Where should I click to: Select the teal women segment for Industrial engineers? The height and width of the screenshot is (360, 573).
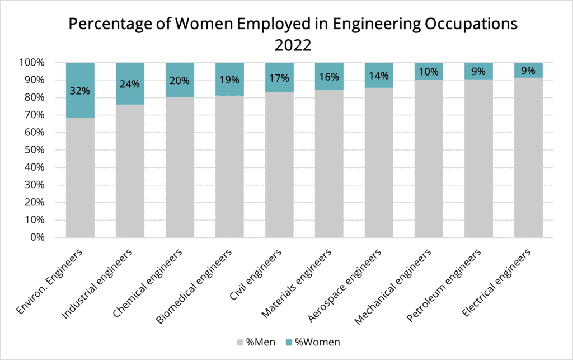click(130, 73)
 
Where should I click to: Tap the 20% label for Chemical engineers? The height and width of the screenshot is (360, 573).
click(180, 80)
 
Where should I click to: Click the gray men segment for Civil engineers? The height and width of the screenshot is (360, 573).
click(279, 168)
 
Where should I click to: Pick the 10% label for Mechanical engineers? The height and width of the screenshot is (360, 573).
click(429, 71)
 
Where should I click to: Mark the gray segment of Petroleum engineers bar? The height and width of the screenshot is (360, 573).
click(478, 162)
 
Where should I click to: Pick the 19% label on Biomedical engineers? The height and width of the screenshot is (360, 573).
click(229, 80)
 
